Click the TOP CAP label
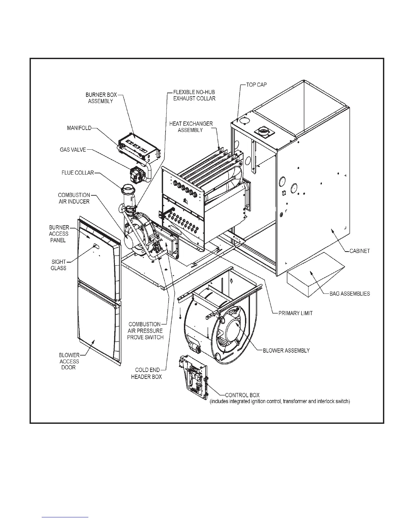[257, 85]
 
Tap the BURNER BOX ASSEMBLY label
[101, 98]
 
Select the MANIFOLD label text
[79, 128]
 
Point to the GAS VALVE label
[73, 150]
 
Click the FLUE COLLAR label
[78, 173]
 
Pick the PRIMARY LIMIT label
[295, 313]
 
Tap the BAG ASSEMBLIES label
[349, 293]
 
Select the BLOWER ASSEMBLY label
[286, 351]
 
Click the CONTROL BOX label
[242, 395]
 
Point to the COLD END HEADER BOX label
[146, 373]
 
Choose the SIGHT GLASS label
[58, 265]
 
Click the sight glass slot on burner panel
[95, 245]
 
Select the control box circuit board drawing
[193, 376]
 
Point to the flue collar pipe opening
[127, 188]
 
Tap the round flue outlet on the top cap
[263, 132]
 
